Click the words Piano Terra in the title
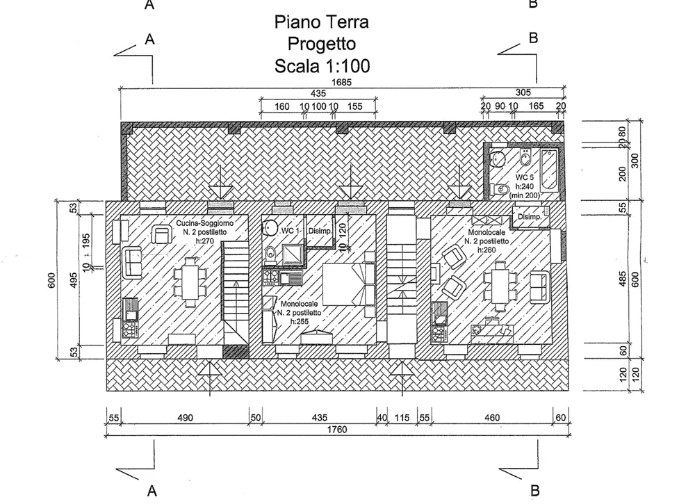[x=322, y=22]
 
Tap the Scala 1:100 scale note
[x=322, y=66]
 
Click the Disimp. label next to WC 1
[x=320, y=231]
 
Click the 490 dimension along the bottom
[x=184, y=418]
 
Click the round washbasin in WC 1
[x=267, y=225]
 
